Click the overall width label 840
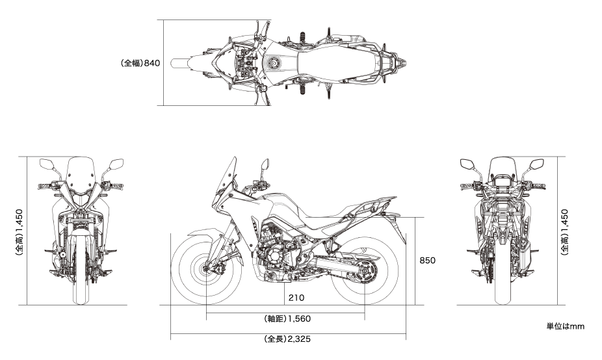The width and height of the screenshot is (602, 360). click(140, 63)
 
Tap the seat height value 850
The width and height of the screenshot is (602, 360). click(427, 261)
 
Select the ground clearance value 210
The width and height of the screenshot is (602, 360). click(296, 298)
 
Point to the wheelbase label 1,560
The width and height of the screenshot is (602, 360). click(287, 318)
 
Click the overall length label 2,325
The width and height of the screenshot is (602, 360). click(287, 339)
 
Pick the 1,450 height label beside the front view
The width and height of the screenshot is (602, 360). click(20, 232)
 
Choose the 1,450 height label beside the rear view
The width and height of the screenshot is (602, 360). click(564, 232)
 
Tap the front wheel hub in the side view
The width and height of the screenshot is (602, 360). click(206, 269)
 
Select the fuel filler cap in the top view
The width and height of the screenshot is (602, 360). click(273, 62)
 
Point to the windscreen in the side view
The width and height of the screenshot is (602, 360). click(226, 177)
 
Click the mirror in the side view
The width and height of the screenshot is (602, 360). click(265, 166)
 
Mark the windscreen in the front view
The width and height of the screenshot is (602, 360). click(80, 175)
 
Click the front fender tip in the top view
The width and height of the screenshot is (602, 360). click(174, 63)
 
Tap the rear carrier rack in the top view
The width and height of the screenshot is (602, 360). click(389, 62)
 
